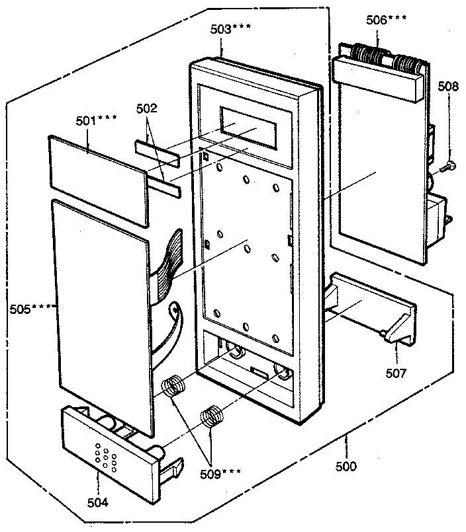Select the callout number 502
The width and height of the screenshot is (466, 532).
point(146,108)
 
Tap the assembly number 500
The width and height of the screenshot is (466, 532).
point(345,467)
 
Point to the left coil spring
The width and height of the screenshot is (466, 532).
point(174,385)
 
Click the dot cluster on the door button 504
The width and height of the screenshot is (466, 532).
point(105,455)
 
